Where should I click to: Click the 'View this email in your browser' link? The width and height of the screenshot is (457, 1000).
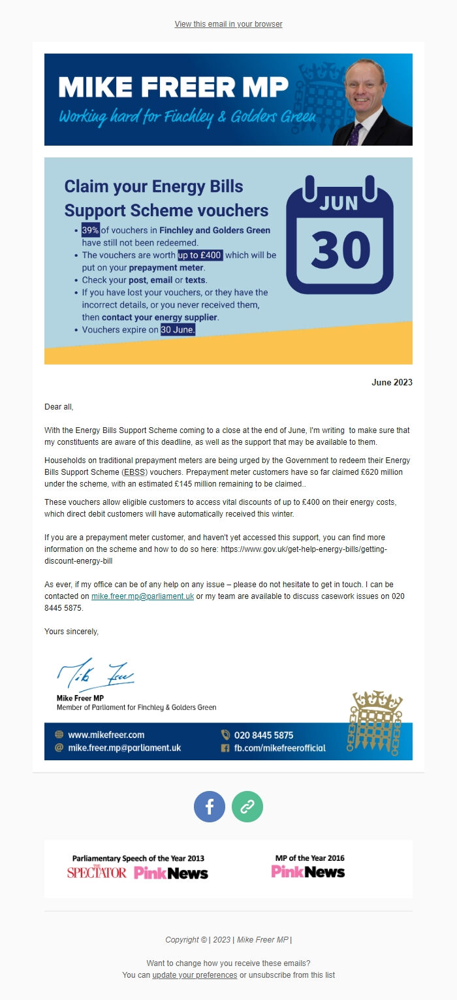tap(228, 24)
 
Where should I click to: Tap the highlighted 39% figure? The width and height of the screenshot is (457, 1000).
tap(90, 230)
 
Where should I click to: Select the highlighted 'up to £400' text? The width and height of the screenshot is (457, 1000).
tap(200, 255)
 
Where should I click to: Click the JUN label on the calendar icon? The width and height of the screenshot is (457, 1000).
tap(339, 202)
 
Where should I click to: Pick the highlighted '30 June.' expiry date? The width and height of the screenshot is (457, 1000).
tap(178, 330)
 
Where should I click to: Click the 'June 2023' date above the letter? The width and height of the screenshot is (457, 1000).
tap(392, 383)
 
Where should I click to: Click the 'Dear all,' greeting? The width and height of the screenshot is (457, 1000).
tap(59, 407)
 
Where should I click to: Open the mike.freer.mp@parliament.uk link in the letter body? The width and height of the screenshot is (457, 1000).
tap(142, 596)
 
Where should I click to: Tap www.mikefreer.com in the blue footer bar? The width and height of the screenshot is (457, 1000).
tap(106, 735)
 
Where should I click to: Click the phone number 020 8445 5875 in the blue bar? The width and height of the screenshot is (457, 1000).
tap(264, 735)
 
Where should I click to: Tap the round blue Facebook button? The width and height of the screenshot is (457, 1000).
tap(210, 807)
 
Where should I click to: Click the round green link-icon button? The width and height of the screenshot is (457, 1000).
tap(247, 807)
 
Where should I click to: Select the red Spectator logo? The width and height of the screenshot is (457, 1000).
tap(97, 872)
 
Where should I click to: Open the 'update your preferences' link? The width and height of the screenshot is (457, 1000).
tap(195, 975)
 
